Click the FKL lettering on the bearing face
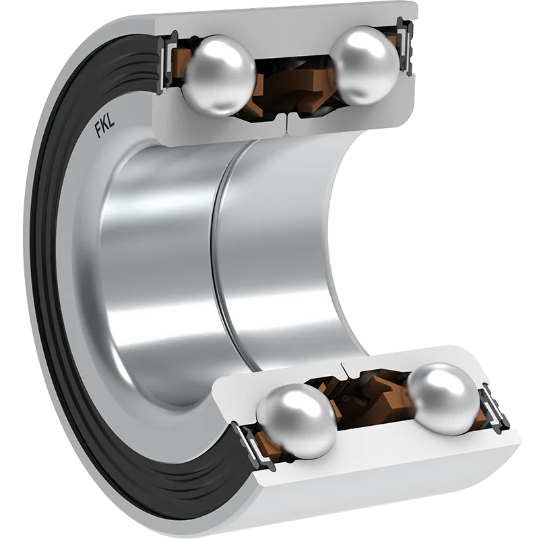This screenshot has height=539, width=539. pos(105,127)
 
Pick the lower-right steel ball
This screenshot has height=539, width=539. pos(444,399)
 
